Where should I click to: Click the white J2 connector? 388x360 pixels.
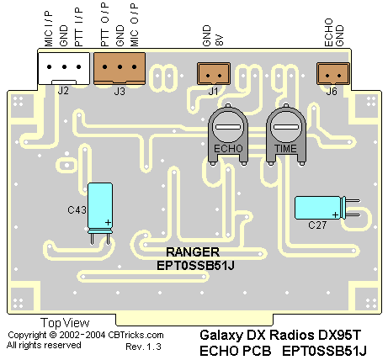tap(64, 68)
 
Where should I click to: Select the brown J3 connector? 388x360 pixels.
tap(120, 68)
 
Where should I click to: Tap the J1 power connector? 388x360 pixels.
tap(214, 73)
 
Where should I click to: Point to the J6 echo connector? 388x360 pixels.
tap(333, 73)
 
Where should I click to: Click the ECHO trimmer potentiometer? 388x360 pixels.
tap(228, 135)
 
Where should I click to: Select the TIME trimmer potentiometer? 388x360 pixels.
tap(286, 135)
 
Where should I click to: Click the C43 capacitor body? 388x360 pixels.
tap(100, 208)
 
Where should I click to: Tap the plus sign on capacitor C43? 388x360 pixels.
tap(108, 223)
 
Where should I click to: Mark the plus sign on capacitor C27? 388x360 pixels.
tap(335, 215)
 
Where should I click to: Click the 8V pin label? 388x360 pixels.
tap(219, 40)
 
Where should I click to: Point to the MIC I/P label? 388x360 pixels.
tap(49, 29)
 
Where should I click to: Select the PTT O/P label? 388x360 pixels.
tap(104, 24)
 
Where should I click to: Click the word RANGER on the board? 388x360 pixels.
tap(193, 252)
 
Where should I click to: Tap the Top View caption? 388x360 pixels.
tap(65, 323)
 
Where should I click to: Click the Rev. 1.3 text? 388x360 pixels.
tap(143, 347)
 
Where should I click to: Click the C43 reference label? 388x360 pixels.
tap(77, 210)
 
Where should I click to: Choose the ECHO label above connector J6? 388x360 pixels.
tap(328, 33)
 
